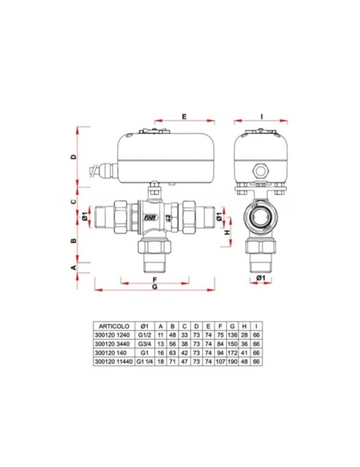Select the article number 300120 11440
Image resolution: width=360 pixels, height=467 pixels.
pyautogui.click(x=111, y=364)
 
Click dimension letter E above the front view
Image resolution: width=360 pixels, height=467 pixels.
pyautogui.click(x=185, y=115)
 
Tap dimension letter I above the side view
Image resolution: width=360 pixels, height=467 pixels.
pyautogui.click(x=262, y=115)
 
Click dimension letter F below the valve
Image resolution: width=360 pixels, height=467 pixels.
pyautogui.click(x=154, y=279)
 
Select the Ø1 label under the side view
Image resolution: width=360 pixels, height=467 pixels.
pyautogui.click(x=261, y=278)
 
